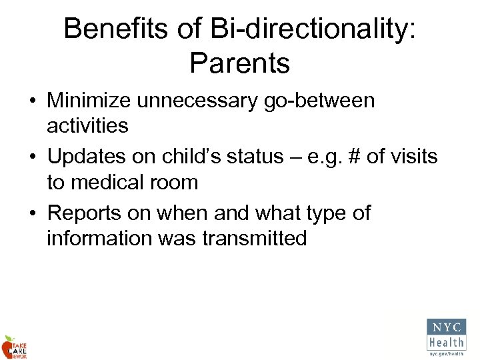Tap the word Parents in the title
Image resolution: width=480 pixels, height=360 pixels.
click(240, 63)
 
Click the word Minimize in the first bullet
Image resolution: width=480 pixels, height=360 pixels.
click(91, 101)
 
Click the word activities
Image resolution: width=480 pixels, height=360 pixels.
click(88, 126)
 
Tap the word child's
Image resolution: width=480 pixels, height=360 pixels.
click(200, 157)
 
